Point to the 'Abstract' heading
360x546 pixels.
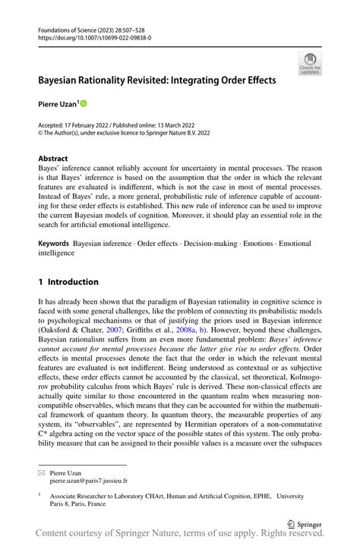pos(53,159)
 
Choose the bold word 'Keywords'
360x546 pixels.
pos(54,245)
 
